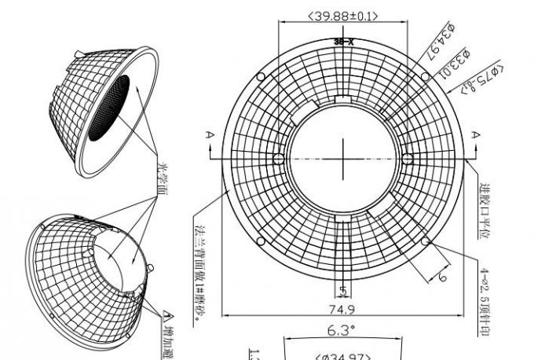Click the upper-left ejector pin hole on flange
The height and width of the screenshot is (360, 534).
[x=260, y=75]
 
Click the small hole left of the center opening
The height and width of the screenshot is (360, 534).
[x=279, y=158]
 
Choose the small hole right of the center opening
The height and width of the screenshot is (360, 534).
[x=407, y=158]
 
